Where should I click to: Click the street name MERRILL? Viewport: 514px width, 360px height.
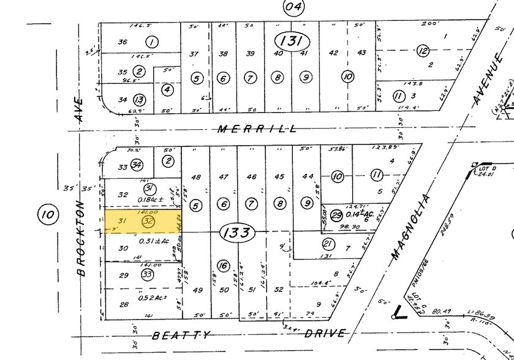258,129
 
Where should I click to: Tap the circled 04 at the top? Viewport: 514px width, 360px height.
293,7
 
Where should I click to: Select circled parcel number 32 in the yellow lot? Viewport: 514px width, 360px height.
147,221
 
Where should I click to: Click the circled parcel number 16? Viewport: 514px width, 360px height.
222,266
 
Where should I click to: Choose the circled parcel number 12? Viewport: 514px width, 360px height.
422,51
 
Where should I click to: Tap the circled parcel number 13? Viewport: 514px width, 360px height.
140,99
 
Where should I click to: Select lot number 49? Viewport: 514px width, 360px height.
197,290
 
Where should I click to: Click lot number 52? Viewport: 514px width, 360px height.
279,290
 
